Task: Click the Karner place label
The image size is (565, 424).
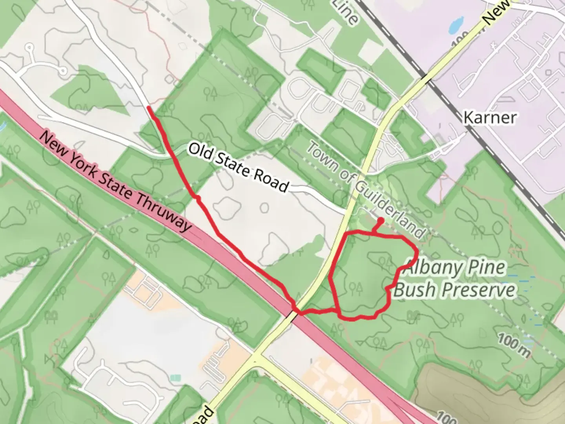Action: (x=490, y=117)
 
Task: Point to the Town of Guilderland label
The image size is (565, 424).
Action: (x=365, y=190)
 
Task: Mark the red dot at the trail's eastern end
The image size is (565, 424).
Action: (x=380, y=221)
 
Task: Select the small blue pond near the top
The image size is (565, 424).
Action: (x=455, y=25)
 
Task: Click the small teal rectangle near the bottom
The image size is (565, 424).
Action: (x=176, y=378)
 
